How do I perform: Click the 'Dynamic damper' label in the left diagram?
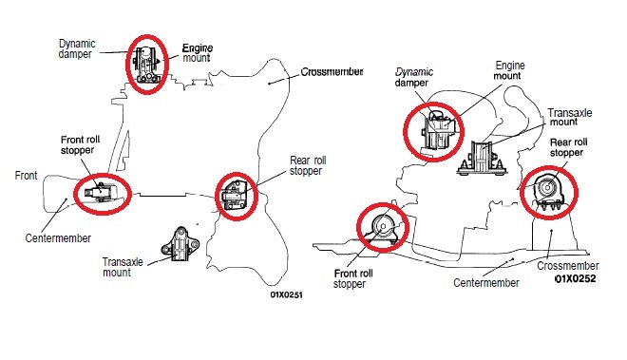pos(77,48)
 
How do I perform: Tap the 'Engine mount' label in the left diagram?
pos(198,53)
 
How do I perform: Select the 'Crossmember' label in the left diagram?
pos(332,72)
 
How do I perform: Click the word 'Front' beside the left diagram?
pos(26,175)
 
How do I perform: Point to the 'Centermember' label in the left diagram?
pos(58,238)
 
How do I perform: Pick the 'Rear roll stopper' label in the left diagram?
pos(308,165)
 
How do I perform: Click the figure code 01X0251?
pos(286,294)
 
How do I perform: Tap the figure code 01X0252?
pos(576,278)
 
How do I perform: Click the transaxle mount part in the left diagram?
pos(180,244)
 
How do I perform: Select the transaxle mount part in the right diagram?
pos(483,158)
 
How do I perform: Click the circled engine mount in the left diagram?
pos(146,64)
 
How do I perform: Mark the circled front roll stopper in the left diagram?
pos(103,194)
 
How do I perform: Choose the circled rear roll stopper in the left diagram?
pos(237,196)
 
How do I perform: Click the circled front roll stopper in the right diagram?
pos(383,227)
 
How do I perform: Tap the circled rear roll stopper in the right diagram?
pos(549,193)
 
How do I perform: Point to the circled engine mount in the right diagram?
pos(433,132)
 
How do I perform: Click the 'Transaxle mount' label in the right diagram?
pos(569,117)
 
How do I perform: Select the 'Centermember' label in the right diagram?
pos(485,283)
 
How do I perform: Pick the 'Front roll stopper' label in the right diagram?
pos(353,279)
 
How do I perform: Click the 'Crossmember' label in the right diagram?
pos(568,266)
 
